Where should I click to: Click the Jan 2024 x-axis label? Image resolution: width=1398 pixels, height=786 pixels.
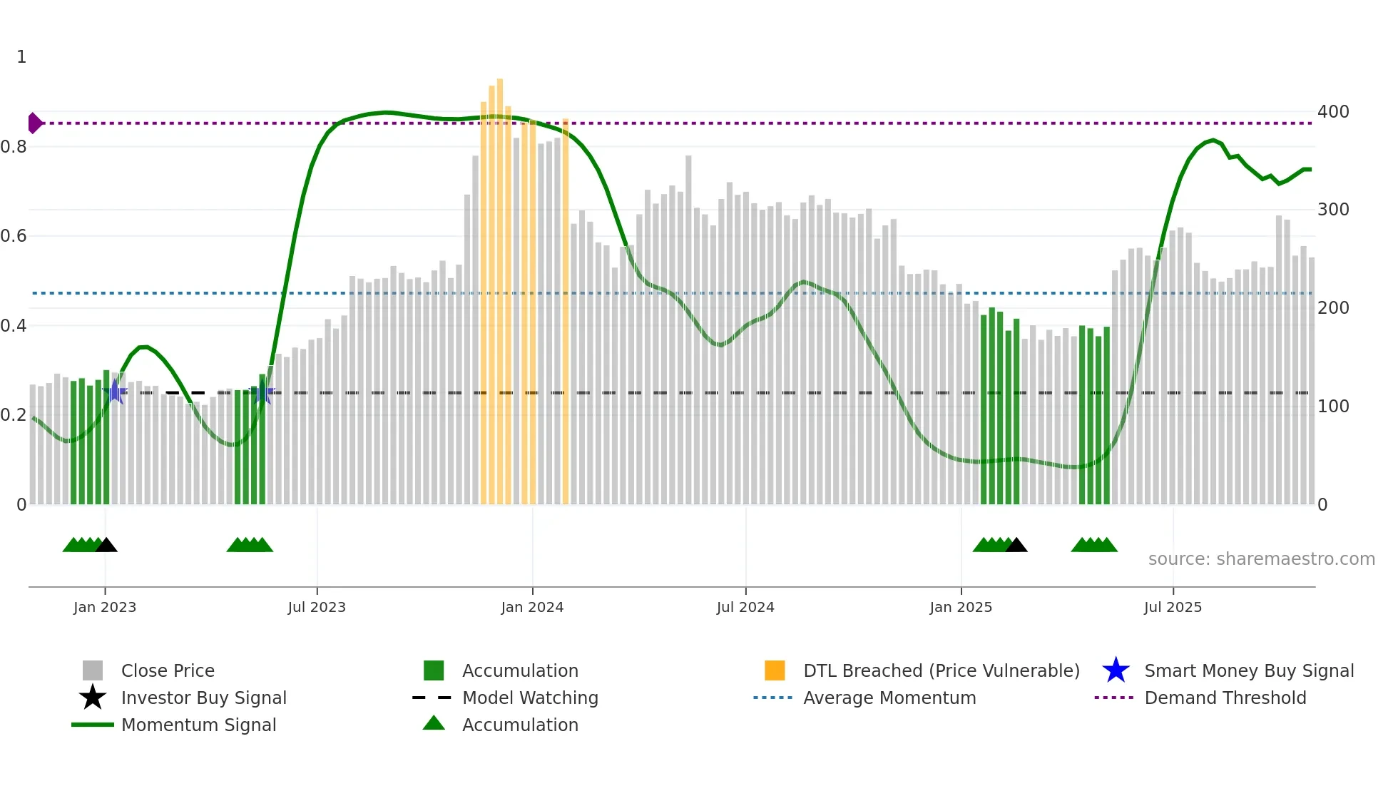tap(532, 607)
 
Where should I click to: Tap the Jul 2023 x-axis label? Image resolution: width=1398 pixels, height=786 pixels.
tap(317, 607)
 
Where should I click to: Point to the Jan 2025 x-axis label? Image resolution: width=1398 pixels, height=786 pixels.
tap(961, 607)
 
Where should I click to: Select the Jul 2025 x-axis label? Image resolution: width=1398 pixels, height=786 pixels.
tap(1173, 607)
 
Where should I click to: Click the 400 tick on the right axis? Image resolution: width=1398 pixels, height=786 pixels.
tap(1333, 112)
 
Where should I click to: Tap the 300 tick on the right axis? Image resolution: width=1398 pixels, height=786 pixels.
tap(1333, 210)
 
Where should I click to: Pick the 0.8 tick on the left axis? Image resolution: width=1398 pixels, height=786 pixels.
tap(14, 147)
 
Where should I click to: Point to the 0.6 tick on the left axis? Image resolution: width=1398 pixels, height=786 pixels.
tap(14, 236)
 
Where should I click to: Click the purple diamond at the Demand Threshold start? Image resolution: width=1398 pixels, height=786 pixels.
tap(34, 123)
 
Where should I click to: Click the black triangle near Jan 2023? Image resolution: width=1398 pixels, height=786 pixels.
tap(106, 545)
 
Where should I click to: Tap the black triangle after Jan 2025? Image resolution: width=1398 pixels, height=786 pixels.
tap(1016, 545)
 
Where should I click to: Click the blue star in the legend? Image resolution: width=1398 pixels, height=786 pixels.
tap(1116, 670)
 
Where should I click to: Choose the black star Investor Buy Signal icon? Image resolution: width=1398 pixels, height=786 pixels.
tap(93, 698)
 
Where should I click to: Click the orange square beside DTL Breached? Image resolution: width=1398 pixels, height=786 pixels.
tap(775, 670)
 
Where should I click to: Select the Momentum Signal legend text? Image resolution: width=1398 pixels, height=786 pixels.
tap(198, 725)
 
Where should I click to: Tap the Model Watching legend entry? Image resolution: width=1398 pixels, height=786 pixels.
tap(530, 698)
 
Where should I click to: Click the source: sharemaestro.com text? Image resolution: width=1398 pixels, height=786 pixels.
tap(1261, 558)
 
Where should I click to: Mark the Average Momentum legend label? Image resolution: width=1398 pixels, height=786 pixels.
tap(889, 698)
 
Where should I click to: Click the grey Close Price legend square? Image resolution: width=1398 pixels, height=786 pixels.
tap(93, 670)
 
